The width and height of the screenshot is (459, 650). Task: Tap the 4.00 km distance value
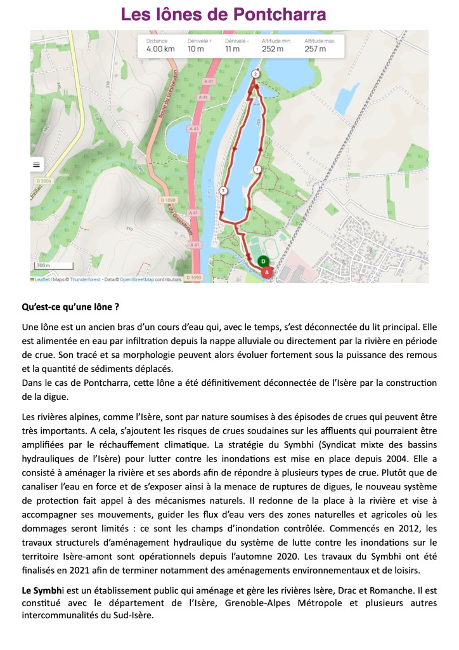pos(160,49)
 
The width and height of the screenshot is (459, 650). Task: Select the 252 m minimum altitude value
pos(274,49)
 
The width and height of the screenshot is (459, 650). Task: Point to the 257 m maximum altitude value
pos(315,49)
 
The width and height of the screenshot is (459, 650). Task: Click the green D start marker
pos(263,261)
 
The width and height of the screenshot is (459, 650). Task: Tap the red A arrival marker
pos(267,272)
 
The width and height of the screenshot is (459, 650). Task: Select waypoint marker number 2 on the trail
pos(255,74)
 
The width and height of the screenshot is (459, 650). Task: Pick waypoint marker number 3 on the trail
pos(223,190)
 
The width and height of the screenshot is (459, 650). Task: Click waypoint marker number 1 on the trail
pos(257,169)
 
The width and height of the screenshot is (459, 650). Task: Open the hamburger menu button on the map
pos(36,164)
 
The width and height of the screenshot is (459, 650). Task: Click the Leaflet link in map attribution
pos(42,279)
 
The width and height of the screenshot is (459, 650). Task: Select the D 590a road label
pos(42,182)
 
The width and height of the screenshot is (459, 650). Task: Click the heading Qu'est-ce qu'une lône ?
pos(70,307)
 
